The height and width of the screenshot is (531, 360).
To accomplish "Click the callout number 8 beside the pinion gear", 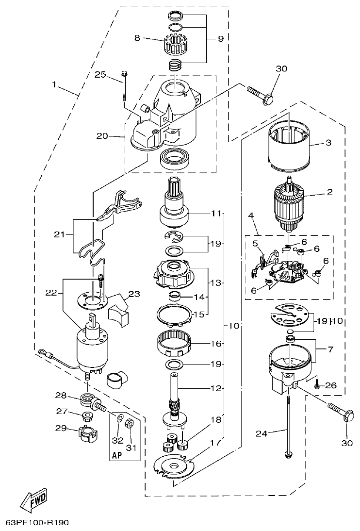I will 137,38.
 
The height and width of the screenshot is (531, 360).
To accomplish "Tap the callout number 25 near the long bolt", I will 100,74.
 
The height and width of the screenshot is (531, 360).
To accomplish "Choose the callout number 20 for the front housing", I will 102,136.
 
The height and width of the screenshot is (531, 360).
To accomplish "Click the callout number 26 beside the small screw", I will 330,386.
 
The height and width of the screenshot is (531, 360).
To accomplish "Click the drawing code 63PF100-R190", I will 37,523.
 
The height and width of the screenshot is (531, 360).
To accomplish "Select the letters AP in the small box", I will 116,455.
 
